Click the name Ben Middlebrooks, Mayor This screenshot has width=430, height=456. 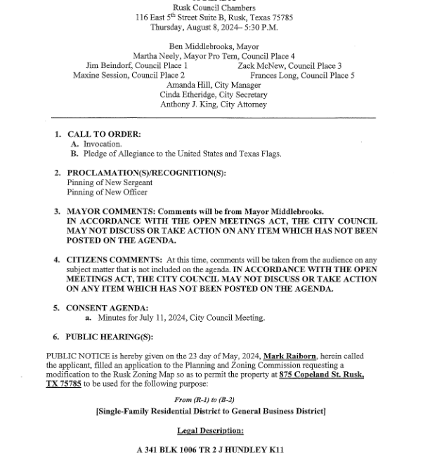pyautogui.click(x=214, y=46)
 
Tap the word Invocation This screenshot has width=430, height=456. pyautogui.click(x=103, y=144)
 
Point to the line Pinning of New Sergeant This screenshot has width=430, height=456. pyautogui.click(x=110, y=182)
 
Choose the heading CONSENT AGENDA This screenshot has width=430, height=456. pyautogui.click(x=107, y=308)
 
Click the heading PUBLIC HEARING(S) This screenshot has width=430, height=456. pyautogui.click(x=109, y=337)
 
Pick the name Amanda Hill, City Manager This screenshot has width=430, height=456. pyautogui.click(x=214, y=85)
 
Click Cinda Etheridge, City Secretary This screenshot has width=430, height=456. pyautogui.click(x=214, y=95)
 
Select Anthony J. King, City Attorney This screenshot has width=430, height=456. pyautogui.click(x=214, y=105)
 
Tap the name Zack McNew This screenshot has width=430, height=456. pyautogui.click(x=263, y=66)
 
